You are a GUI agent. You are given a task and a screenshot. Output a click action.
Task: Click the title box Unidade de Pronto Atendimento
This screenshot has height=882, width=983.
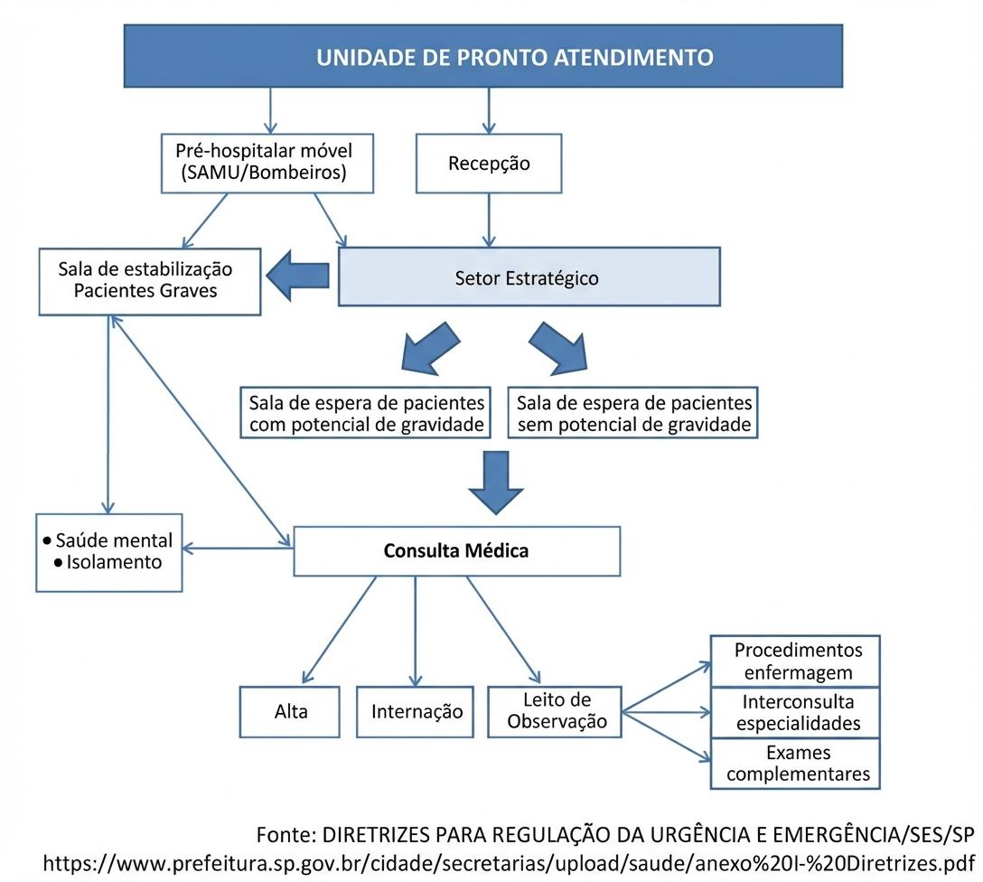tap(482, 56)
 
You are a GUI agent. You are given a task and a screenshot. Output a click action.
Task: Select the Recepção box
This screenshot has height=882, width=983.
tap(489, 163)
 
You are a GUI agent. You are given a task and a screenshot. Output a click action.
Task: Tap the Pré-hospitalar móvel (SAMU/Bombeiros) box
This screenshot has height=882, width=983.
tap(267, 163)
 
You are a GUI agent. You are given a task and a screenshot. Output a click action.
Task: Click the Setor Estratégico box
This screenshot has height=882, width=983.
tap(529, 277)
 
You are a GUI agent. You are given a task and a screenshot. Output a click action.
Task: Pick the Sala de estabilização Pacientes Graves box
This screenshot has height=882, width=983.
tap(150, 281)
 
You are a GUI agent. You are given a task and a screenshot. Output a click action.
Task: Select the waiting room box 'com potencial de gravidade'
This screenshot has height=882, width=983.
tap(366, 412)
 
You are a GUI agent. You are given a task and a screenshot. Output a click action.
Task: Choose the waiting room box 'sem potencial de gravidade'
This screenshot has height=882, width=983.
tap(632, 412)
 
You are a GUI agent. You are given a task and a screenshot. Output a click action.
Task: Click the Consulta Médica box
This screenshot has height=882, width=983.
tap(456, 551)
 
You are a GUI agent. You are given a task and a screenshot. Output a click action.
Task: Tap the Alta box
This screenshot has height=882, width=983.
tap(290, 711)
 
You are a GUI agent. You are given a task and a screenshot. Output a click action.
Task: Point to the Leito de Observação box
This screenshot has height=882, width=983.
tap(555, 711)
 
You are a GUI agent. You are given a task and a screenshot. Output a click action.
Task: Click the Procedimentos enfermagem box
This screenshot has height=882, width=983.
tap(796, 661)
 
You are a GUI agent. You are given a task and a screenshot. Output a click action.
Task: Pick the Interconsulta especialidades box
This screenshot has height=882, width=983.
tap(796, 713)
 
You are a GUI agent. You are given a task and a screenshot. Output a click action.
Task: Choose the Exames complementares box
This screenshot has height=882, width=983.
tap(796, 764)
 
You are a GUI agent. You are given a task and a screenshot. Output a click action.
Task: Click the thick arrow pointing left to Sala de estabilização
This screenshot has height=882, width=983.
tap(298, 276)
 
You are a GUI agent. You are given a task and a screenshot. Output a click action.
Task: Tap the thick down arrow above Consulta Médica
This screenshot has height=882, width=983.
tap(496, 483)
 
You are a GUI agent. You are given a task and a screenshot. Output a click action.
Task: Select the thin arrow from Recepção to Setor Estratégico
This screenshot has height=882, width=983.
tap(489, 220)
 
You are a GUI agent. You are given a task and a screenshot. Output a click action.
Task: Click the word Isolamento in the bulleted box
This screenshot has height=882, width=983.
tap(114, 562)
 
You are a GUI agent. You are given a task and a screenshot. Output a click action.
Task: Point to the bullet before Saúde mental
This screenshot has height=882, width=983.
tap(48, 540)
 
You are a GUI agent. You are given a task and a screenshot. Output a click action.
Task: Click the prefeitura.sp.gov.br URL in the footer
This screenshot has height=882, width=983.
tap(509, 863)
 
